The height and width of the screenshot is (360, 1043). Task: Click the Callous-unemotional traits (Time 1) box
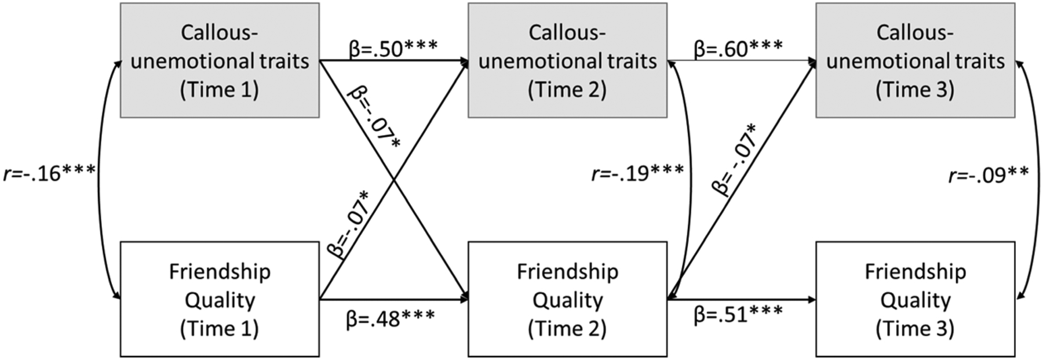[220, 60]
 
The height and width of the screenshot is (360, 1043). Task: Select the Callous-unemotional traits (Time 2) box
[567, 60]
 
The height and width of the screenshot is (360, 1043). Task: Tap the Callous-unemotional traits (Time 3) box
[915, 60]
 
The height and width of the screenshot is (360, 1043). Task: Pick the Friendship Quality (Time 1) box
[220, 299]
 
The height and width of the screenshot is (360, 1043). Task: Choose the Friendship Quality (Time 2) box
[567, 299]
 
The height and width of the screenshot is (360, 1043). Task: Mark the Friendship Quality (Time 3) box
[915, 299]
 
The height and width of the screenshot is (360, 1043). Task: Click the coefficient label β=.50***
[393, 49]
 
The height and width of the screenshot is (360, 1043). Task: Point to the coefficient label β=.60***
[738, 49]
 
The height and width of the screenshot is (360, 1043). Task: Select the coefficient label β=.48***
[391, 319]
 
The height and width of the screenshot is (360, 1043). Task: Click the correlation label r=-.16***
[49, 173]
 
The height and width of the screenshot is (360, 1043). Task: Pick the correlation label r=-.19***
[637, 173]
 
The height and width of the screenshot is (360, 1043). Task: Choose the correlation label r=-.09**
[988, 174]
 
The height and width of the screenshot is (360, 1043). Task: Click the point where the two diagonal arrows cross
[394, 180]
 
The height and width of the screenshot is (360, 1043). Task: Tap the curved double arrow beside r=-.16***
[99, 180]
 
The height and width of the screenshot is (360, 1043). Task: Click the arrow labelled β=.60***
[742, 60]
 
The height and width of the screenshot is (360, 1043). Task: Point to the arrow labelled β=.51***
[742, 300]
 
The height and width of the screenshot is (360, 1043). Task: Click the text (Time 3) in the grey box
[915, 90]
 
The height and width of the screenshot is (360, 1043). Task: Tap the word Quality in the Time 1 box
[220, 300]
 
